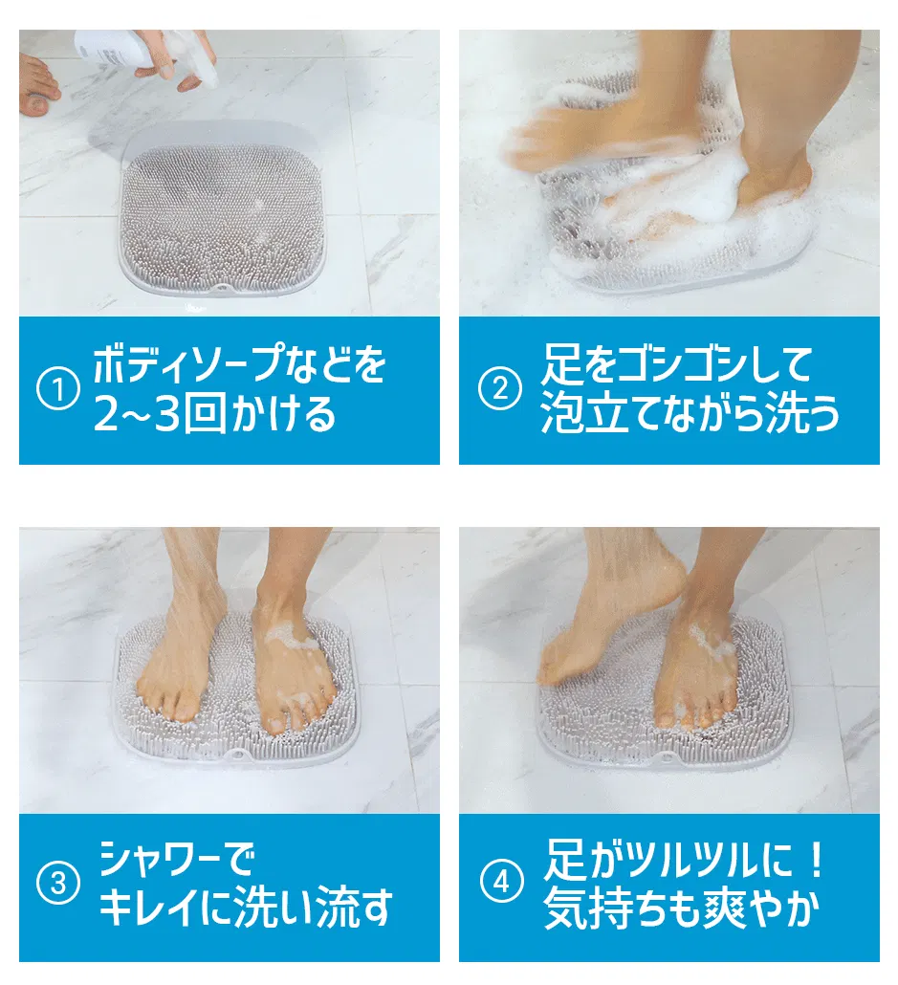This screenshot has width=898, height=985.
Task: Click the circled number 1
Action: click(x=57, y=391)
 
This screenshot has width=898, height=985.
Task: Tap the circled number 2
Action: click(x=499, y=389)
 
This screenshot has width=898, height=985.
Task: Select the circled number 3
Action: click(x=57, y=884)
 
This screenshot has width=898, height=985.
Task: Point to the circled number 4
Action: click(x=501, y=883)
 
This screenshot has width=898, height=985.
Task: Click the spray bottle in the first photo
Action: click(x=143, y=54)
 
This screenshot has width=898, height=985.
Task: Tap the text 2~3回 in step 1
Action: click(x=160, y=415)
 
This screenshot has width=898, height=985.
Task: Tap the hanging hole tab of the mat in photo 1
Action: click(x=220, y=288)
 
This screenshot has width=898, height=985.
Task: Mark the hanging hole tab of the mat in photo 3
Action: click(x=235, y=754)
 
